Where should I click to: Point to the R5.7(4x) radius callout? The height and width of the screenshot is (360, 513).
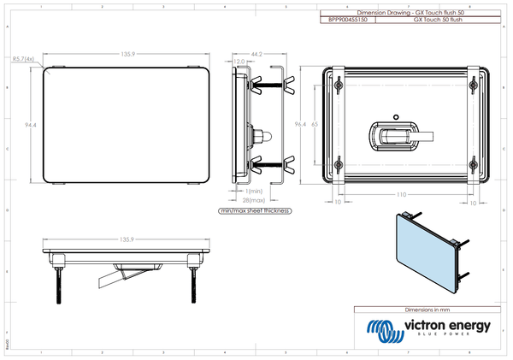tap(23, 59)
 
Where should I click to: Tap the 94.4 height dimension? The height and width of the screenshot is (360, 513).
tap(30, 126)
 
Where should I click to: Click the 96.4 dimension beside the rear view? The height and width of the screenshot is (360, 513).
tap(299, 124)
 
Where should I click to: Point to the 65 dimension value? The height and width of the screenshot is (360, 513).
tap(315, 124)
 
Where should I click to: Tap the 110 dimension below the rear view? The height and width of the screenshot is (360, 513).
tap(402, 195)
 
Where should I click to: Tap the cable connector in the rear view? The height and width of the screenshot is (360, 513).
tap(398, 135)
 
